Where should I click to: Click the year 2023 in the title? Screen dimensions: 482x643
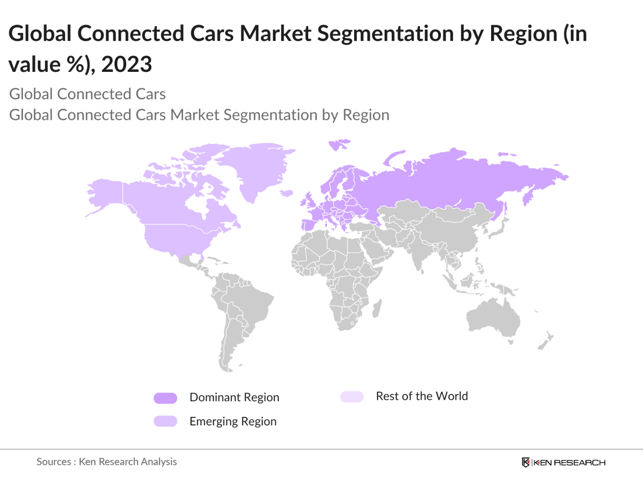tap(127, 64)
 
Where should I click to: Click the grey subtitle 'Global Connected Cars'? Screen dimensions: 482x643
tap(88, 94)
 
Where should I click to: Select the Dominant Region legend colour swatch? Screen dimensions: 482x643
tap(165, 398)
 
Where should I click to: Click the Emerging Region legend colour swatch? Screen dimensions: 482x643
tap(165, 421)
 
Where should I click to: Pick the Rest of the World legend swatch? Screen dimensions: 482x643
tap(352, 397)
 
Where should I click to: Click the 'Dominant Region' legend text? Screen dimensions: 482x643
tap(234, 398)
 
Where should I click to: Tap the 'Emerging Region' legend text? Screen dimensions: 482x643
tap(233, 421)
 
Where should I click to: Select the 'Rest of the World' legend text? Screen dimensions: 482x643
tap(421, 396)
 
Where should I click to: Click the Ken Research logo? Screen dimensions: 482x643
tap(563, 462)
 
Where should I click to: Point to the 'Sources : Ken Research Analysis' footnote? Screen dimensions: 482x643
tap(106, 462)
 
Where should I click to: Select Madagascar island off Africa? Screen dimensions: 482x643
tap(377, 309)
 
